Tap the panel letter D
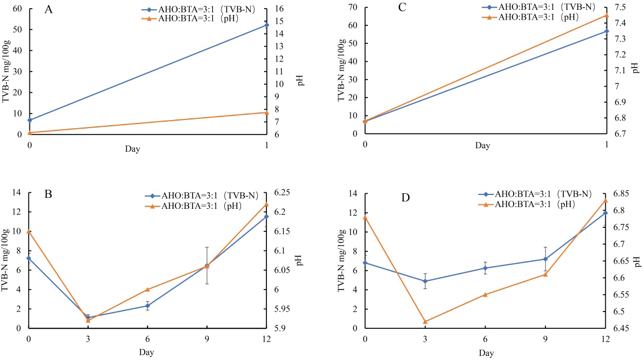tap(405, 198)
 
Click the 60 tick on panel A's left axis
tap(18, 9)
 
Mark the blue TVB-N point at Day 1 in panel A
tap(266, 25)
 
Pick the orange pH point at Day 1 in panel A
tap(266, 112)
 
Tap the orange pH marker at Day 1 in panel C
tap(607, 15)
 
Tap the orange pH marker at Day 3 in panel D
tap(425, 321)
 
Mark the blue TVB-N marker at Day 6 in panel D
tap(485, 268)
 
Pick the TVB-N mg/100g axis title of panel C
tap(342, 70)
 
